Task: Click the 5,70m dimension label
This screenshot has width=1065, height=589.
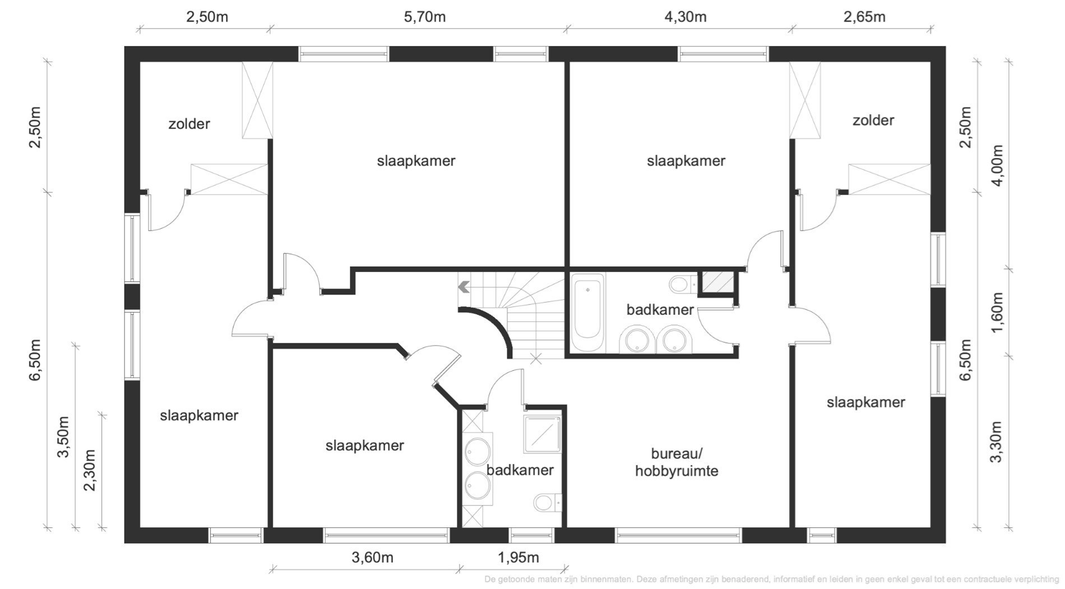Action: point(425,17)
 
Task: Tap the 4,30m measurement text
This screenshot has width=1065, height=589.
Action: point(686,17)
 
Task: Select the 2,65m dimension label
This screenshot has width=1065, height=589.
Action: point(864,17)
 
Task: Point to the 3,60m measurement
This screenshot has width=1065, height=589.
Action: point(372,558)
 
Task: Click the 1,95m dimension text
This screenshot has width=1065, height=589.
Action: point(518,558)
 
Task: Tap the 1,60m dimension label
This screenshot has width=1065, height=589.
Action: point(997,312)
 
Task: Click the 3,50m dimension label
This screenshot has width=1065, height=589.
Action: point(63,437)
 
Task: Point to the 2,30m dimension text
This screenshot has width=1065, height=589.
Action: point(90,470)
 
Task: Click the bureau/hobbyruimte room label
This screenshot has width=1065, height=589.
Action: point(677,462)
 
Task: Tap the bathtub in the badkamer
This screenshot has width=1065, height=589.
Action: point(588,312)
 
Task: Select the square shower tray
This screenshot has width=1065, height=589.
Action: point(542,434)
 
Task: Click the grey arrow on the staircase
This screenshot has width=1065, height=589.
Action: point(464,287)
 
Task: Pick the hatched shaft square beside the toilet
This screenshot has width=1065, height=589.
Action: point(717,282)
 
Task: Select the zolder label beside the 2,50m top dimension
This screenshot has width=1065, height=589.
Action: point(189,124)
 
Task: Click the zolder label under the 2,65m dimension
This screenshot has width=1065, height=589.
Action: point(873,120)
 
